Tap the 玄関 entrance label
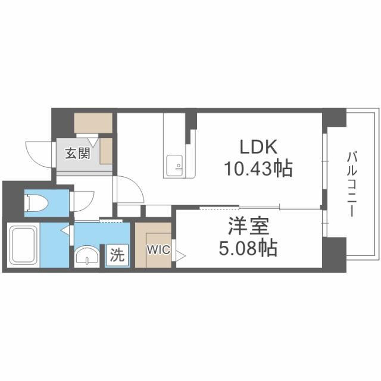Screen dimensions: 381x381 point(77,154)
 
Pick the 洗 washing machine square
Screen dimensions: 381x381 point(118,256)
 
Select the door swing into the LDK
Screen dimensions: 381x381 point(131,190)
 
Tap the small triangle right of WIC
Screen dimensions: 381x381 point(180,255)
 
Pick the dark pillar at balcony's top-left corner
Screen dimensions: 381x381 point(335,117)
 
